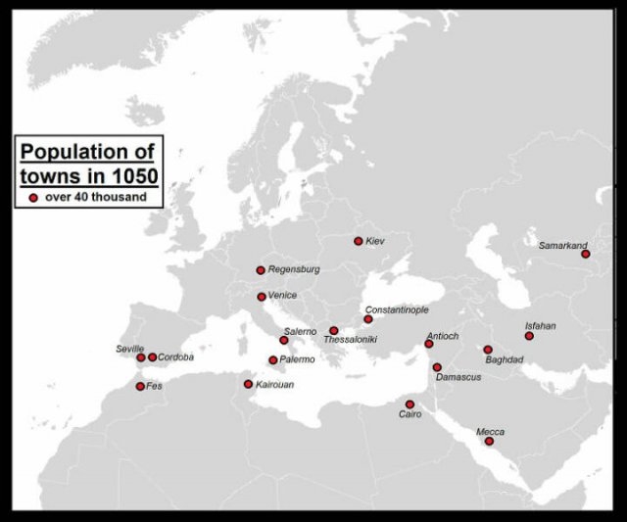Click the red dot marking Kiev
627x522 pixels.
(x=359, y=241)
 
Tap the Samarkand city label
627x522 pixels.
(x=562, y=245)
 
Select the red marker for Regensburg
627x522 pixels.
(x=261, y=270)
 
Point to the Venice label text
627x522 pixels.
(x=282, y=296)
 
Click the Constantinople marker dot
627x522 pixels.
(x=368, y=319)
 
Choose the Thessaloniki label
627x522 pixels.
(x=350, y=340)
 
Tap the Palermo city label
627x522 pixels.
(x=297, y=360)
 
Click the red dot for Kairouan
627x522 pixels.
(x=248, y=384)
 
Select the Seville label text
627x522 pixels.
(x=129, y=349)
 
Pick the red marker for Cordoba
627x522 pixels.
(x=152, y=357)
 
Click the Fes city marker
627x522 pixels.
(x=140, y=386)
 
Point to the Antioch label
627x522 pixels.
(x=442, y=336)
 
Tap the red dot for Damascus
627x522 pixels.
(x=437, y=367)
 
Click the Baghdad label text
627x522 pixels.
(x=504, y=359)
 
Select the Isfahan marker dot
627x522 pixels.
(x=529, y=336)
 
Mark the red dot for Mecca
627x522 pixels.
(x=489, y=442)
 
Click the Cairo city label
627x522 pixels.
(x=410, y=415)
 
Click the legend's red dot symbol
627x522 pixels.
(x=33, y=197)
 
